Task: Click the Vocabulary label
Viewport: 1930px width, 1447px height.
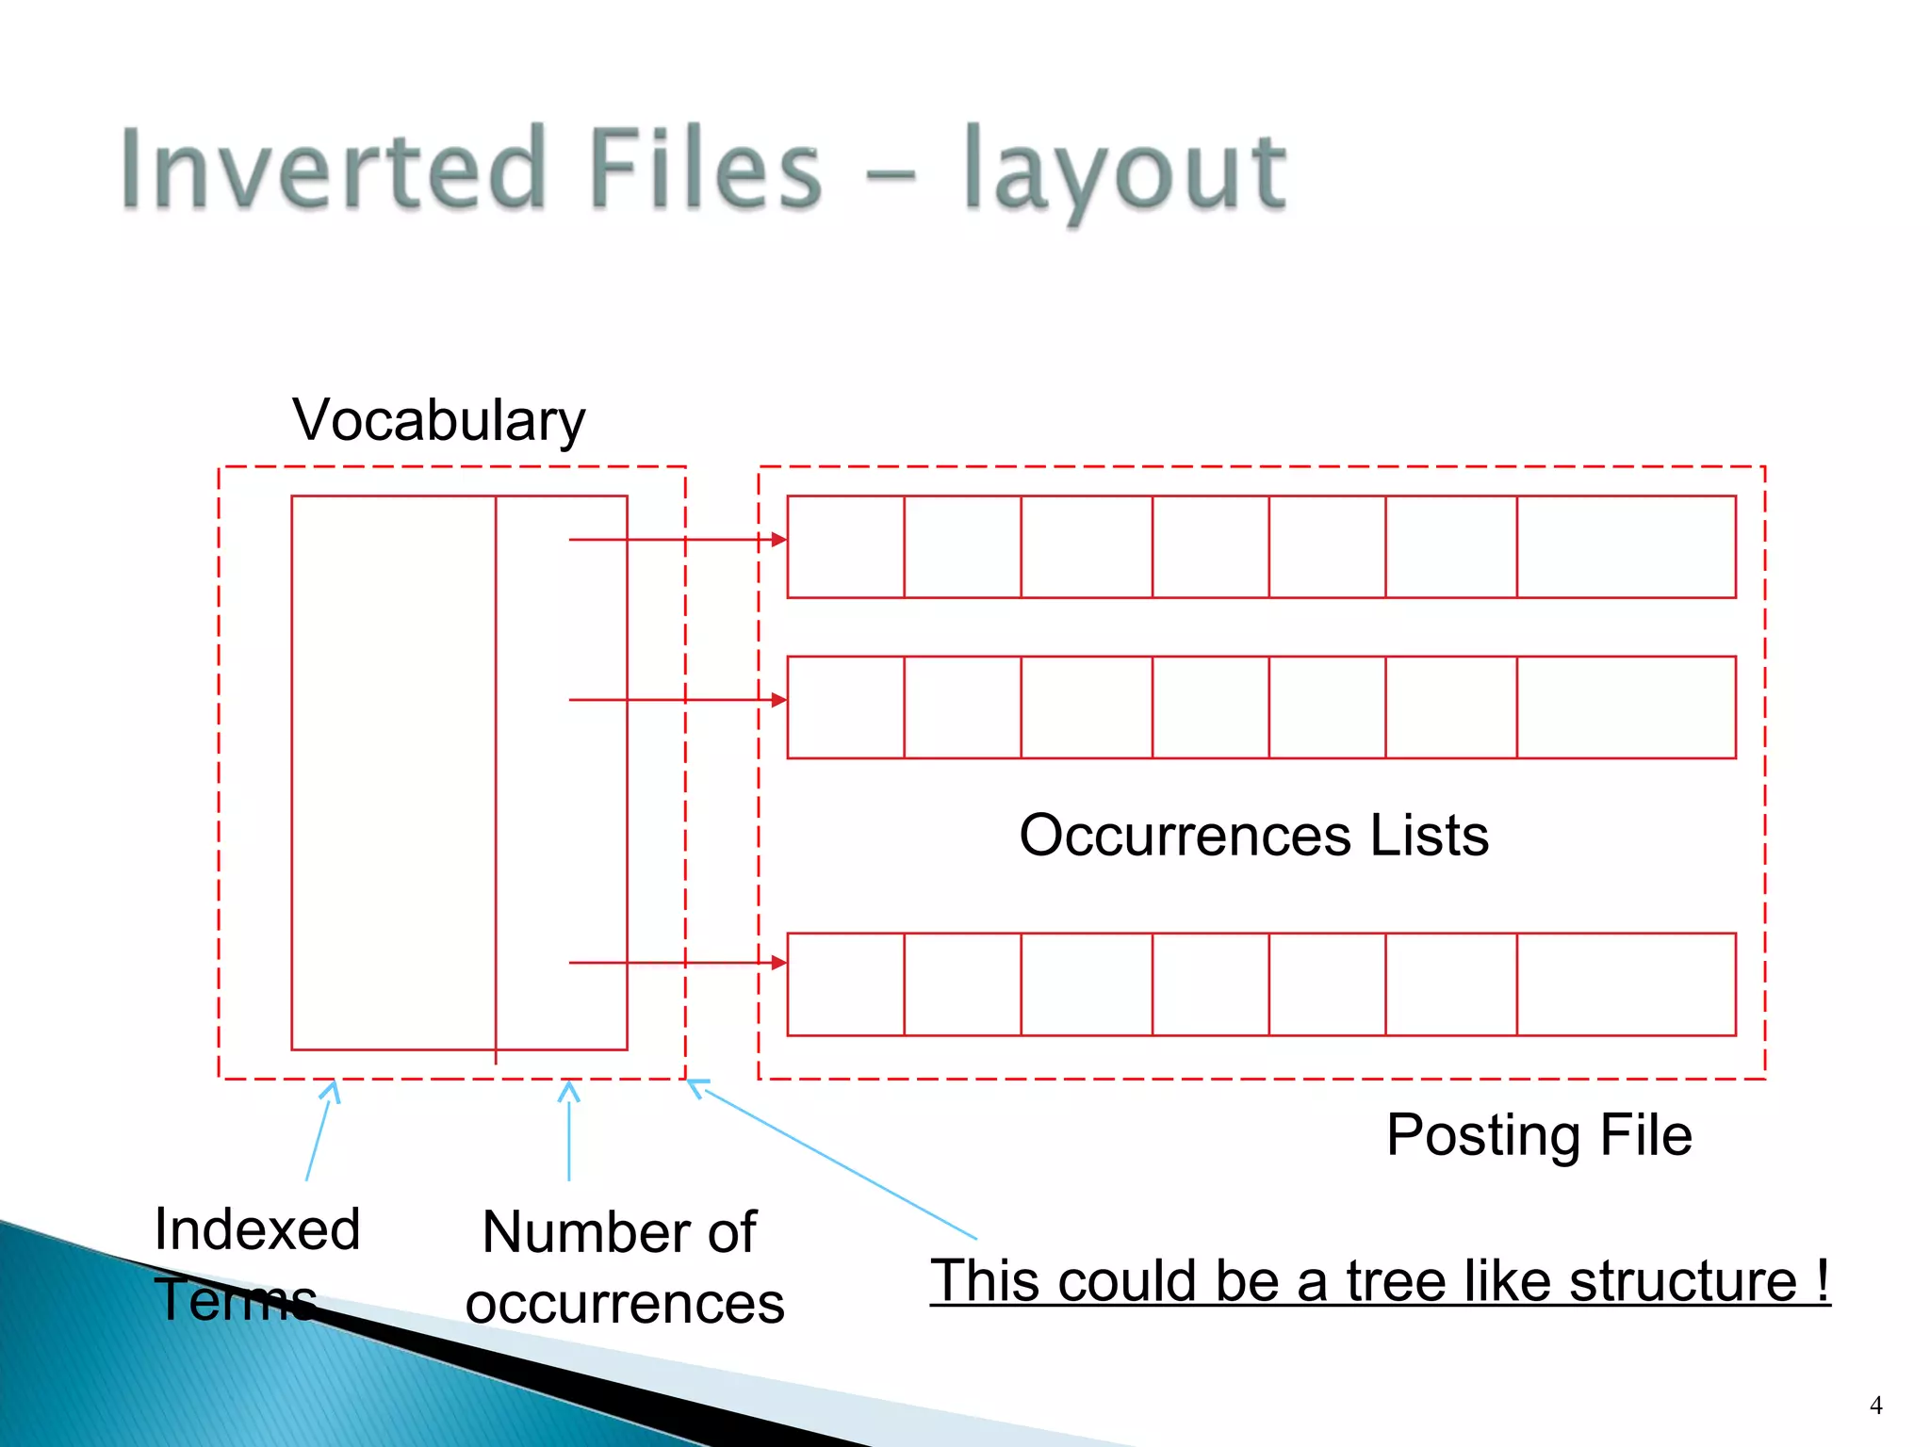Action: [438, 420]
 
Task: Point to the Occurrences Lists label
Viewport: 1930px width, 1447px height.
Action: [1253, 836]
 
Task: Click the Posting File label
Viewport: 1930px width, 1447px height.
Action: [1538, 1134]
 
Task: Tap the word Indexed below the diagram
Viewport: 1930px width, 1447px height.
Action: [257, 1229]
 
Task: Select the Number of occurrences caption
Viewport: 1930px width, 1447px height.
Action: [623, 1267]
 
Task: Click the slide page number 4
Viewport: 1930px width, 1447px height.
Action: [1875, 1406]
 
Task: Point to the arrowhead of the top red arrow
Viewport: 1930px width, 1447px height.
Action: [778, 540]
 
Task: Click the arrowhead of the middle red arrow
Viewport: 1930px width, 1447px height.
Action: [778, 700]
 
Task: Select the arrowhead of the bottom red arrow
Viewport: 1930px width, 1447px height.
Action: [778, 962]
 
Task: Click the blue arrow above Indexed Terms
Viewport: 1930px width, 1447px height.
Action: [319, 1130]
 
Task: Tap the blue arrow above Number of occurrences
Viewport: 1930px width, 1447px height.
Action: [569, 1130]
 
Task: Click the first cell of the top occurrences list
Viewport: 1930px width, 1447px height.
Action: [845, 547]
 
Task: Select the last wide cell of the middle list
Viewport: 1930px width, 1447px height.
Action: [1626, 707]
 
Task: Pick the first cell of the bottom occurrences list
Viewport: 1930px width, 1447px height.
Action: [845, 984]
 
